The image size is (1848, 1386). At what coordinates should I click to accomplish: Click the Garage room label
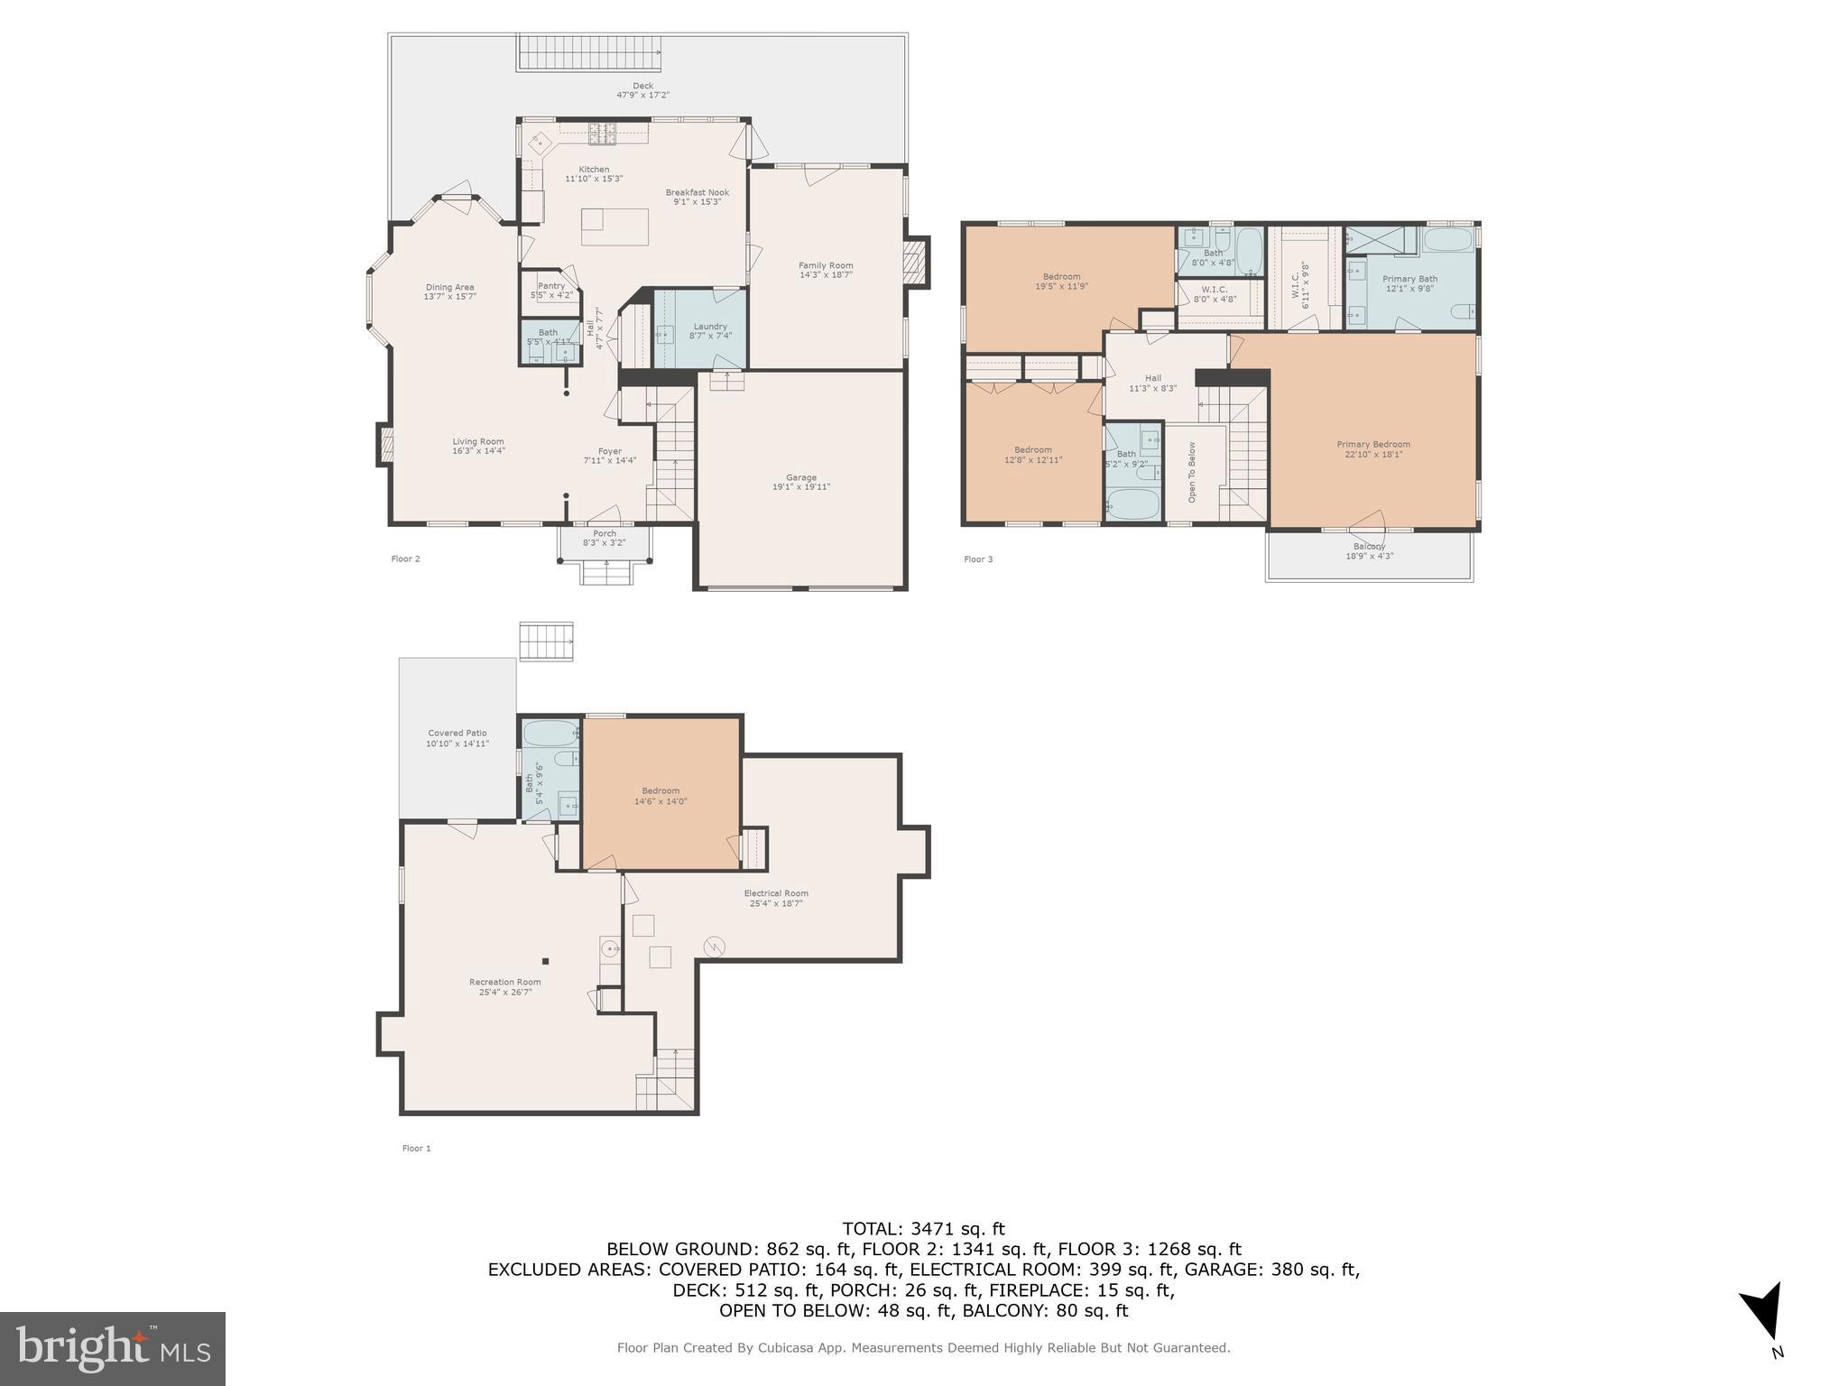(800, 478)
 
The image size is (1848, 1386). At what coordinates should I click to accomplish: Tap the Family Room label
(826, 266)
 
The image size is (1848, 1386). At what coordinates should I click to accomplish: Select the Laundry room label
(710, 327)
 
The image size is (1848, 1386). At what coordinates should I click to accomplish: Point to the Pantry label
(551, 286)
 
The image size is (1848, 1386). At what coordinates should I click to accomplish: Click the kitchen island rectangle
(614, 226)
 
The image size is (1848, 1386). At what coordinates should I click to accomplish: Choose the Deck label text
(642, 87)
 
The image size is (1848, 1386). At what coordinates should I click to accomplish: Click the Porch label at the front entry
(605, 534)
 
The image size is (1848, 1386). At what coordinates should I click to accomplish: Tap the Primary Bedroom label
(1372, 445)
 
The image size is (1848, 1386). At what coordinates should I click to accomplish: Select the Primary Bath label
(1409, 280)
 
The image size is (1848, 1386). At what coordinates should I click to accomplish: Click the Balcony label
(1369, 547)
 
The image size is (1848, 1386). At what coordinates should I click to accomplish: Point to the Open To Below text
(1192, 472)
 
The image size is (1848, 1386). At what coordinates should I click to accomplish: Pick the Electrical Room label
(776, 894)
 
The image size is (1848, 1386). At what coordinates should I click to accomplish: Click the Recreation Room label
(504, 983)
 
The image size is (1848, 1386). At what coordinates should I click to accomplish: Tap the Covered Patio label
(457, 734)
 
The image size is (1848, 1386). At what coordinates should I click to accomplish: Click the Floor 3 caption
(978, 559)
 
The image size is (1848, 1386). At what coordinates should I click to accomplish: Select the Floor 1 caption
(416, 1149)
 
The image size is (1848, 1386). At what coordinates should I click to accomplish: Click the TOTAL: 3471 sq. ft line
(923, 1228)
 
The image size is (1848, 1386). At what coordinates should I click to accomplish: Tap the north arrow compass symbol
(1764, 1312)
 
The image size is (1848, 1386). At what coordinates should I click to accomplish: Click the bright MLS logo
(113, 1348)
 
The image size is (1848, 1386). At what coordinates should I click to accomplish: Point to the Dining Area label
(449, 288)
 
